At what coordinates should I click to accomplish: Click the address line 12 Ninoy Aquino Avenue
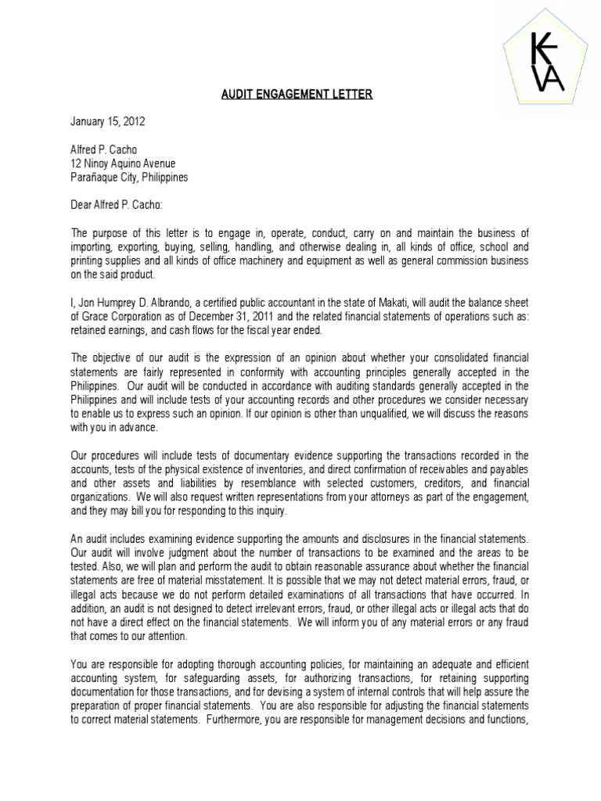[x=123, y=163]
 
